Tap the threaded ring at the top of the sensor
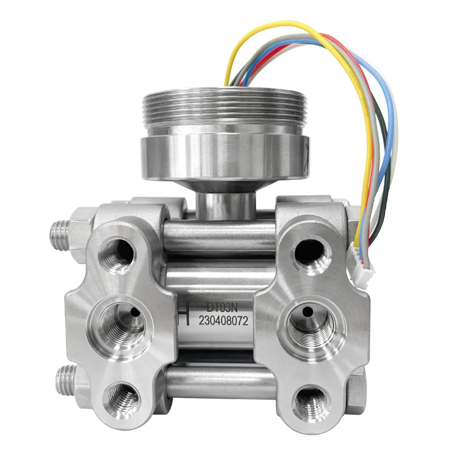(225, 108)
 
